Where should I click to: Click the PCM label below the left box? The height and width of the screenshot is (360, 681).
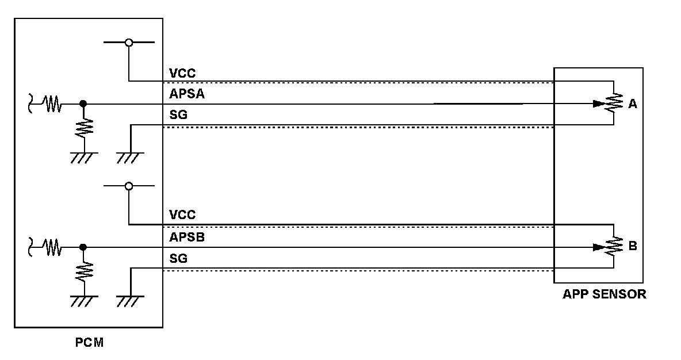click(x=89, y=343)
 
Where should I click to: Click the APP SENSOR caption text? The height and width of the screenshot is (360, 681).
click(x=604, y=294)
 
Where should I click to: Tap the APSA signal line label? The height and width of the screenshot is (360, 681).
click(x=187, y=95)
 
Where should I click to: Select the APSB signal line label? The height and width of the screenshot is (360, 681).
click(x=187, y=237)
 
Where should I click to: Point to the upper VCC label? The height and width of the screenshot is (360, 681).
click(x=182, y=74)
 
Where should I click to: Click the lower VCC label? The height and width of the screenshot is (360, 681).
click(x=182, y=215)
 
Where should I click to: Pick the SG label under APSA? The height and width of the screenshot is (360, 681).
click(x=178, y=116)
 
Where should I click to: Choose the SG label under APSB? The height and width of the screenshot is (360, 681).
click(x=178, y=259)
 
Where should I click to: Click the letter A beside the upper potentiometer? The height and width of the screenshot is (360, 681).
click(x=633, y=104)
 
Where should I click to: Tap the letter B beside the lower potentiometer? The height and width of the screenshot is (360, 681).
click(x=633, y=246)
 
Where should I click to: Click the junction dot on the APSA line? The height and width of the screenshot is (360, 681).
click(x=83, y=104)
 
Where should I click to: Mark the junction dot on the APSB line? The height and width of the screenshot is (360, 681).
click(x=83, y=247)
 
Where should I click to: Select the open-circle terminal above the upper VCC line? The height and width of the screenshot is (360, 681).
click(x=129, y=43)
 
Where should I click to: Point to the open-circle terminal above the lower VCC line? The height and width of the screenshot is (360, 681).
click(x=129, y=186)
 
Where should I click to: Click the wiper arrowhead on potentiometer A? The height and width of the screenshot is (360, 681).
click(x=598, y=104)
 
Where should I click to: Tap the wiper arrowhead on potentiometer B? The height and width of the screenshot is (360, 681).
click(x=598, y=247)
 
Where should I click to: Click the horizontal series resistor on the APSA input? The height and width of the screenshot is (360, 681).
click(x=53, y=104)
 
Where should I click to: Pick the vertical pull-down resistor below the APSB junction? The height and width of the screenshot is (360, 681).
click(x=84, y=270)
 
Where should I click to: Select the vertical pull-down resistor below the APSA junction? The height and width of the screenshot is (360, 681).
click(x=84, y=127)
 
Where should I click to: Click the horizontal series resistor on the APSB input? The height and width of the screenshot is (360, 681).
click(x=53, y=247)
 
